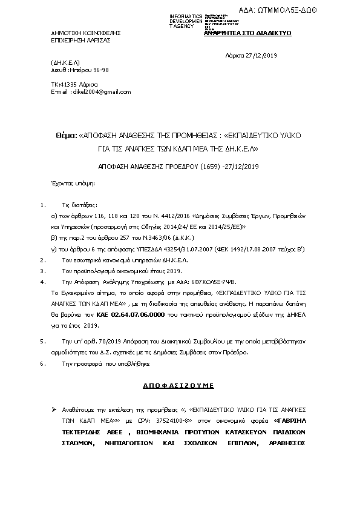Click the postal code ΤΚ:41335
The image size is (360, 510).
click(67, 84)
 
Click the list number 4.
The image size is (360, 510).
click(41, 282)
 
